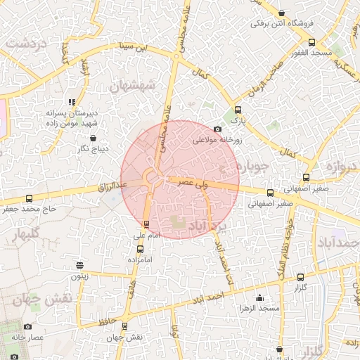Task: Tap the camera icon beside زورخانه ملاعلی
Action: click(x=218, y=129)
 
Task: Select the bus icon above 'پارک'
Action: click(x=238, y=110)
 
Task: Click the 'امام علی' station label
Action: click(x=146, y=236)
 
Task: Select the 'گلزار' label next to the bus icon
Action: click(x=300, y=288)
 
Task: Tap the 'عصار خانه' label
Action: click(x=27, y=337)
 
